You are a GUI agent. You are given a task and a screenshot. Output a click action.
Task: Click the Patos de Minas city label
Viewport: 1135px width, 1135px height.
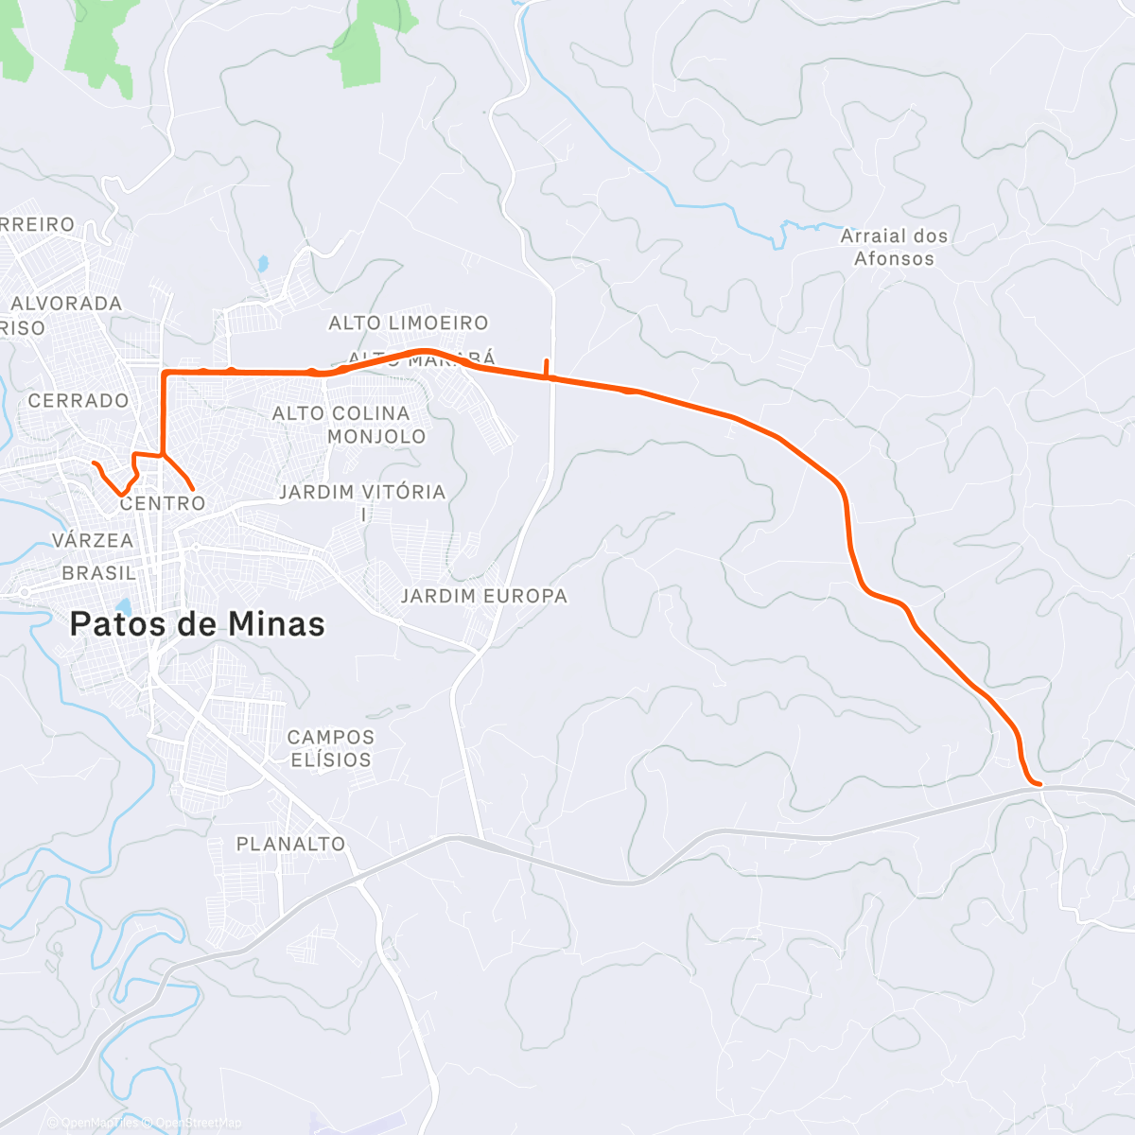(x=198, y=624)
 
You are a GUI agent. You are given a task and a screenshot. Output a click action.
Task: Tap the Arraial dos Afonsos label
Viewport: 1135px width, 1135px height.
(x=894, y=247)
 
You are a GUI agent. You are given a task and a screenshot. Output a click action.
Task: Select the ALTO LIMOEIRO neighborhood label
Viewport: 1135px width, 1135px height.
(x=409, y=323)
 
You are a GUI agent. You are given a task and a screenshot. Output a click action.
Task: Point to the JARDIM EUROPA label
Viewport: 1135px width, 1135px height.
(x=484, y=596)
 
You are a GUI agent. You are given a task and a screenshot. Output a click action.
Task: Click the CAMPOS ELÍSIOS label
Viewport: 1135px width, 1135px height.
(x=331, y=748)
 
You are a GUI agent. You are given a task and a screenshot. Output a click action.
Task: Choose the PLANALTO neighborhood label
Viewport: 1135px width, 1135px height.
(x=290, y=844)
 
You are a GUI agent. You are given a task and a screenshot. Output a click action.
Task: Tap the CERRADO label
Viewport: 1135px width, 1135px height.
(x=79, y=401)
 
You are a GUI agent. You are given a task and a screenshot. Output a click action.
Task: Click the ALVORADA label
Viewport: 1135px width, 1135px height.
(x=66, y=304)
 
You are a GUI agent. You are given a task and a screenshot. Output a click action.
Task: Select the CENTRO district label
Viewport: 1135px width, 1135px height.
(x=163, y=503)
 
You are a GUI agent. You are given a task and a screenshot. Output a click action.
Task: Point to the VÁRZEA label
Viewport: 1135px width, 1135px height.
(x=93, y=541)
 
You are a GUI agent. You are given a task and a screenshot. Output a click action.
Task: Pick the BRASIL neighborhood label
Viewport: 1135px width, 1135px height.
(x=99, y=573)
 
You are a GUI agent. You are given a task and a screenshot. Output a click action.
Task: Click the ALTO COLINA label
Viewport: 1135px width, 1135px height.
(x=341, y=413)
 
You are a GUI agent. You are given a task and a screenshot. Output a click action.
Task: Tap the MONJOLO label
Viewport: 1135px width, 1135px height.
(x=376, y=437)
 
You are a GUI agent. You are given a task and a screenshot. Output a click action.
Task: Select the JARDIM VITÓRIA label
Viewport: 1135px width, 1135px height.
(x=362, y=493)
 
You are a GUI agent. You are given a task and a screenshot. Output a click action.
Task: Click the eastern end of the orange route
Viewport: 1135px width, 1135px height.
(x=1039, y=784)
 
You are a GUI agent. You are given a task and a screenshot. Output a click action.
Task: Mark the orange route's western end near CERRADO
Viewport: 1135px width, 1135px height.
(x=94, y=463)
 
